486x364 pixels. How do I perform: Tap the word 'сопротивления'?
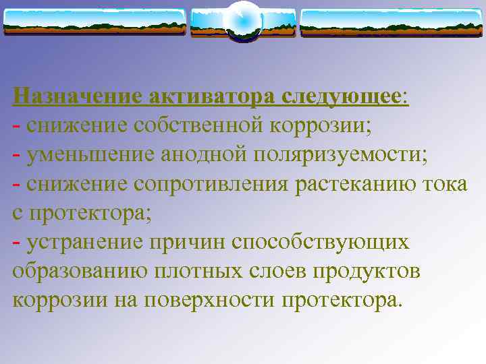(x=214, y=184)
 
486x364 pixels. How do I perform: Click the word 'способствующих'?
(x=320, y=242)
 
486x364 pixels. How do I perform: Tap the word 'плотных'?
(x=200, y=271)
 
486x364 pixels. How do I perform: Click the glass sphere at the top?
(x=242, y=21)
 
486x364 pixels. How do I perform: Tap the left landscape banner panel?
(x=94, y=22)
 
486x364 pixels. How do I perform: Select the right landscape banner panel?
(x=391, y=22)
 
